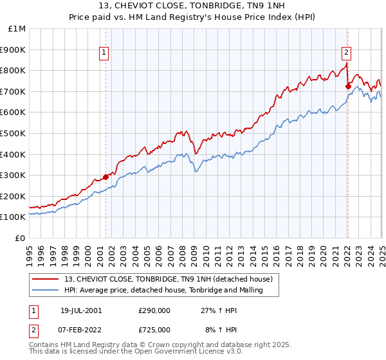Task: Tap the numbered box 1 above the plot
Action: pos(104,53)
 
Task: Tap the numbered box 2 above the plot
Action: pos(346,53)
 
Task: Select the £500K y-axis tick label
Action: pos(14,134)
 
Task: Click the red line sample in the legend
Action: pos(45,279)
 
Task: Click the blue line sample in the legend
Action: pos(45,291)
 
